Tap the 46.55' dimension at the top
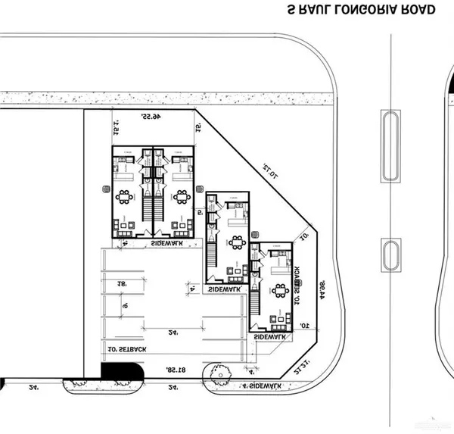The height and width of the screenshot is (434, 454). [152, 117]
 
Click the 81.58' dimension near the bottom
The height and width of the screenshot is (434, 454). [176, 370]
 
